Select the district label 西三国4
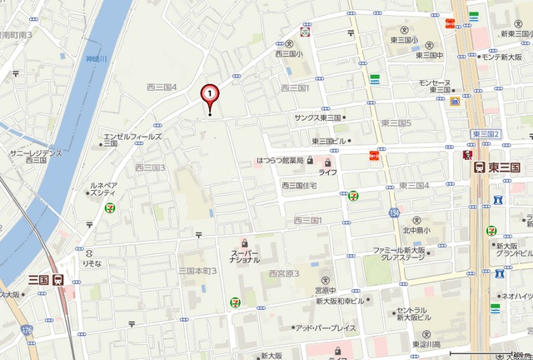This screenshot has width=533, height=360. (x=162, y=87)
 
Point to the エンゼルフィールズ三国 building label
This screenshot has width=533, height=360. (x=132, y=138)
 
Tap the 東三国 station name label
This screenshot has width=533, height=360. (x=505, y=167)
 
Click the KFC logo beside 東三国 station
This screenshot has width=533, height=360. (x=468, y=156)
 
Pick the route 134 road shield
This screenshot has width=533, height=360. (x=393, y=214)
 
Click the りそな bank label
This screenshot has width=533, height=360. (x=91, y=262)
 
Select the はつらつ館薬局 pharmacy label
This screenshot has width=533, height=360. (x=280, y=159)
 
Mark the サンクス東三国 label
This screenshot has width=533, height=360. (x=318, y=118)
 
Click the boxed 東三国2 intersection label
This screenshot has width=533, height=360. (x=485, y=134)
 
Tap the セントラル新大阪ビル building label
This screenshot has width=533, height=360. (x=428, y=315)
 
